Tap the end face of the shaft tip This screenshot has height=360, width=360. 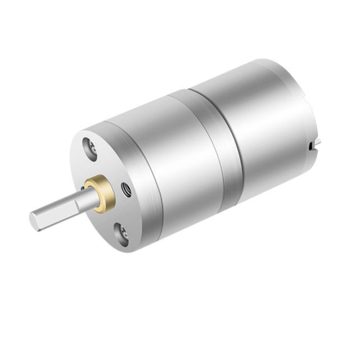coord(35,221)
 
